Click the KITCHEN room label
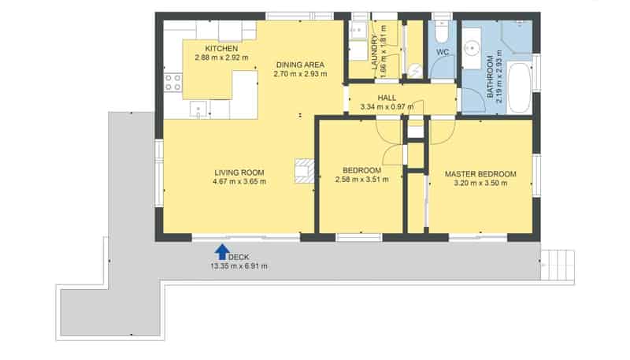[221, 49]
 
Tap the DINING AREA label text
[300, 65]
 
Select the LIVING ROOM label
[239, 173]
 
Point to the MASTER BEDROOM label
[480, 174]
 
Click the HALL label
[387, 98]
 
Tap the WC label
[443, 52]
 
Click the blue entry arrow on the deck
[222, 252]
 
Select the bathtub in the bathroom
[520, 87]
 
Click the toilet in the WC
[442, 32]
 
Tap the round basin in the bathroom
[471, 49]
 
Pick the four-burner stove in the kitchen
[172, 83]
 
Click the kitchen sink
[198, 109]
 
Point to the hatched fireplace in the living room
[305, 171]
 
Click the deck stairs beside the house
[558, 265]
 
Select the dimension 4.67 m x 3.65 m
[239, 182]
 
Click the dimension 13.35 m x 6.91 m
[239, 266]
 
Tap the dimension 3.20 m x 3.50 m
[480, 184]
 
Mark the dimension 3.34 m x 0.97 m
[387, 107]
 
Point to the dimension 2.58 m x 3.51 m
[361, 180]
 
